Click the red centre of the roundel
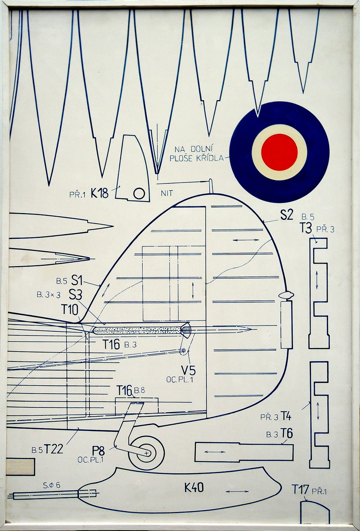tap(279, 152)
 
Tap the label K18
tap(99, 193)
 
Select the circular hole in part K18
tap(139, 194)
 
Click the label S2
tap(287, 215)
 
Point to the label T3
tap(306, 228)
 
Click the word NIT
tap(167, 193)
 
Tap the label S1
tap(77, 281)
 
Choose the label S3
tap(75, 295)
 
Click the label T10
tap(69, 309)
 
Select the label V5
tap(188, 370)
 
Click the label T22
tap(54, 449)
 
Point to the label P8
tap(98, 451)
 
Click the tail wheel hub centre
tap(146, 453)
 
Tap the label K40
tap(194, 487)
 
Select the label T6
tap(287, 433)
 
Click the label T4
tap(286, 416)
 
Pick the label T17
tap(300, 489)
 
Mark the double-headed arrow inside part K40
tap(237, 491)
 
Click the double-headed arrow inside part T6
tap(215, 452)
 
